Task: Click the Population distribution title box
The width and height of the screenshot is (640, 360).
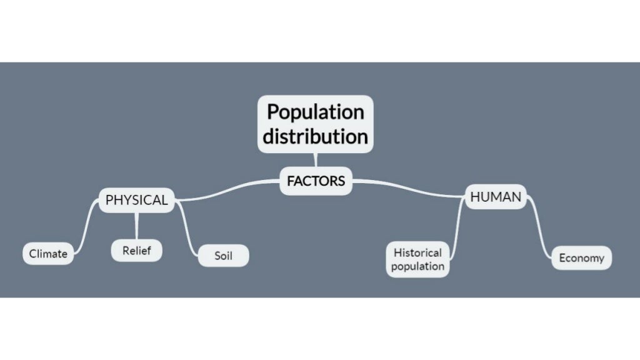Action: point(315,124)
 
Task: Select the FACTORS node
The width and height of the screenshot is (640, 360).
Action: point(316,181)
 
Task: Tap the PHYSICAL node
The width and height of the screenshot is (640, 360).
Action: point(136,200)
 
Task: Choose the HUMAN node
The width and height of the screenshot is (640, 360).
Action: point(496,197)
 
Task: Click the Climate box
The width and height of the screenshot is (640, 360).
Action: point(48,254)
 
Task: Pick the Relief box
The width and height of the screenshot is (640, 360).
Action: point(137,251)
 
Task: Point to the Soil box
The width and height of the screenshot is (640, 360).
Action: point(223,256)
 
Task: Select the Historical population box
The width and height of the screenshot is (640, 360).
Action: point(417,259)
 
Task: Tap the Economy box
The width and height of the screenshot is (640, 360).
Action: point(581,257)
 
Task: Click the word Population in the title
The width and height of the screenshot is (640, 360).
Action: point(315,112)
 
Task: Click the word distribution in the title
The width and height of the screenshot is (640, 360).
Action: point(315,136)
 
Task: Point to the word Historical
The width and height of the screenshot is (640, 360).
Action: point(417,252)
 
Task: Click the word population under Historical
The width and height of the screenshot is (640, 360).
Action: point(417,266)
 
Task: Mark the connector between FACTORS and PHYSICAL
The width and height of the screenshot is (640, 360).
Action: point(228,191)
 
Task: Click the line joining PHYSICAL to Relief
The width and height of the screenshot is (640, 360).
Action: point(137,226)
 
